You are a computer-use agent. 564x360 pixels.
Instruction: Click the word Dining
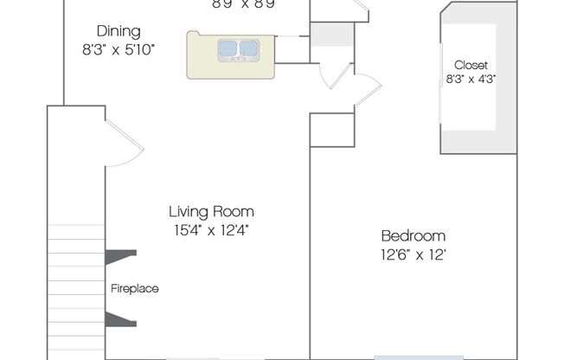click(118, 31)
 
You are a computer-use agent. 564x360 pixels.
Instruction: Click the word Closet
click(471, 65)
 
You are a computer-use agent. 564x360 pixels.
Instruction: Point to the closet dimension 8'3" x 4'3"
click(471, 79)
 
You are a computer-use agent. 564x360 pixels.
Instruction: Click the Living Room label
click(211, 211)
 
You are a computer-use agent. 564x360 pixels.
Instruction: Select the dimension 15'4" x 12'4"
click(211, 229)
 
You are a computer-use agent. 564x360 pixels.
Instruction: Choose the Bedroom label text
click(413, 236)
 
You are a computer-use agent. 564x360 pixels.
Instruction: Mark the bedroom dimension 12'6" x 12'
click(413, 254)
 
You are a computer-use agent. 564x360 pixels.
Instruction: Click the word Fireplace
click(134, 288)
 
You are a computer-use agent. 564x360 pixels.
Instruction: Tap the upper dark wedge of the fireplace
click(119, 256)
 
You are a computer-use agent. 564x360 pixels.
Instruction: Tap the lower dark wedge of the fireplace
click(119, 320)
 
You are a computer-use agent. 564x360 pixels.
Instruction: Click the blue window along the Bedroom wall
click(411, 357)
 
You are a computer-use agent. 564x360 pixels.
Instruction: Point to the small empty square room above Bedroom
click(331, 130)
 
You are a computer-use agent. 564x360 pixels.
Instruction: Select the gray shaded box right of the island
click(332, 35)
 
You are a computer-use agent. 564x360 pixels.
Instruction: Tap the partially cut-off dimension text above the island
click(243, 3)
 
